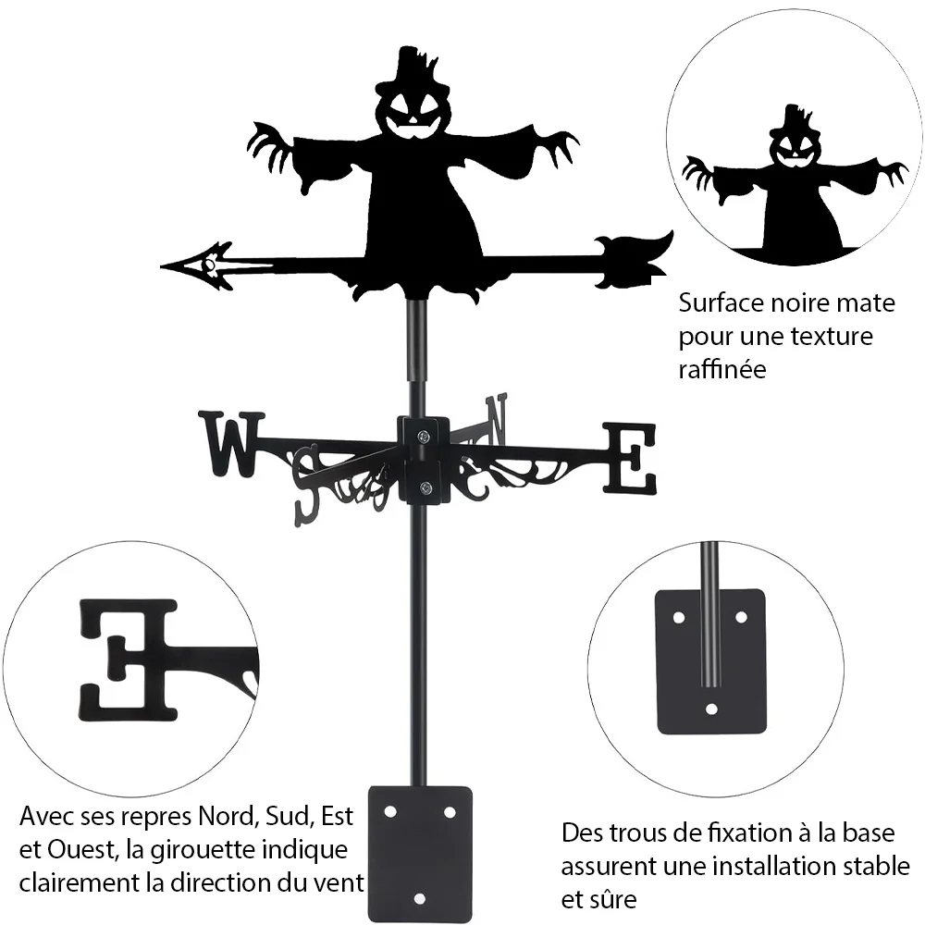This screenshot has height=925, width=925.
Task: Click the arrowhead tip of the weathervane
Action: (x=162, y=266)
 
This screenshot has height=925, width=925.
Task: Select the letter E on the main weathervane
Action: (x=629, y=458)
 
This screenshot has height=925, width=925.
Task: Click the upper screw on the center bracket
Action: (x=423, y=437)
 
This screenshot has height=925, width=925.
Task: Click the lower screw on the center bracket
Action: (x=425, y=487)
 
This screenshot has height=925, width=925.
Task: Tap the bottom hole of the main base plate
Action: (x=419, y=899)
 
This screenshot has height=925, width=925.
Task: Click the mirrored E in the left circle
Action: (x=128, y=660)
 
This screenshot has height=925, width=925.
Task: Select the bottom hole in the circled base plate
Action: (x=711, y=709)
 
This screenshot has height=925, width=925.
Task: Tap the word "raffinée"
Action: (x=722, y=369)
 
